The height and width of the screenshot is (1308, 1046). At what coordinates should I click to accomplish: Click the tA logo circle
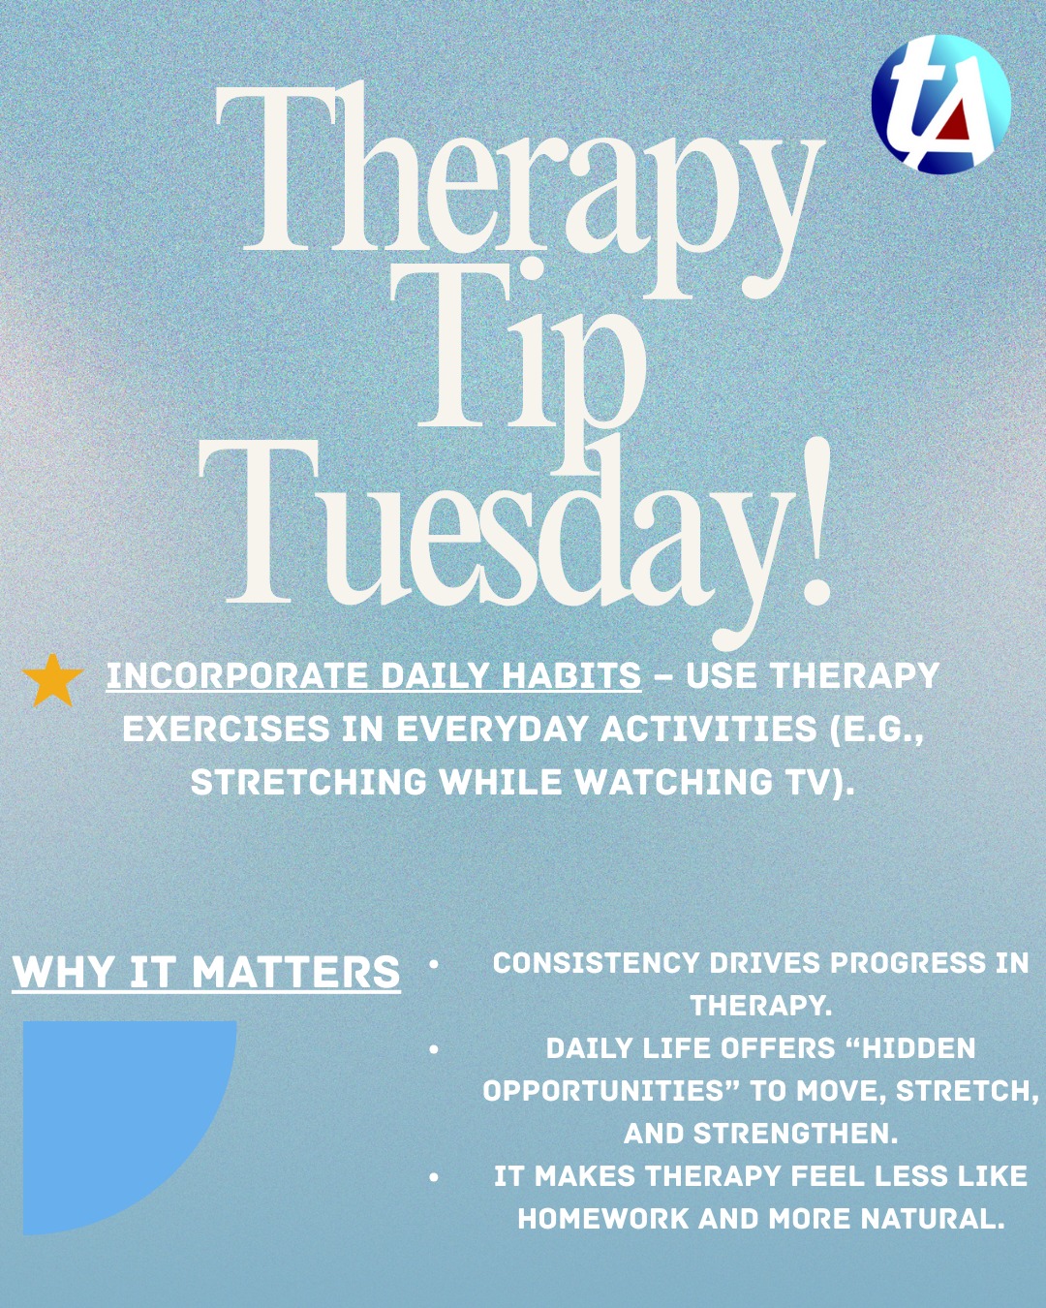940,104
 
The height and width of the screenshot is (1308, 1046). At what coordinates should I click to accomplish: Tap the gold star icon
53,681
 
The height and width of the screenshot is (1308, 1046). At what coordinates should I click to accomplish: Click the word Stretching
309,782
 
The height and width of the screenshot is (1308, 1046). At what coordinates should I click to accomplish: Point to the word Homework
601,1219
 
